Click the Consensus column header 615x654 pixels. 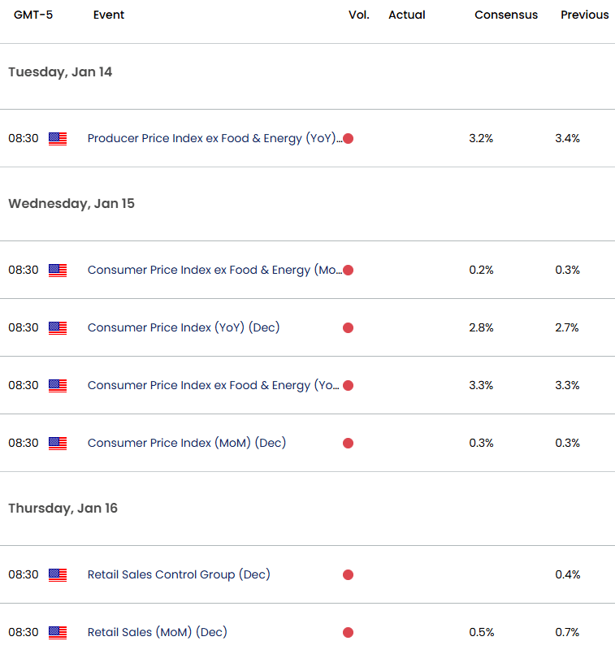coord(506,15)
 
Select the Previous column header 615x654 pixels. coord(584,15)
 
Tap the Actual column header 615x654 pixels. coord(406,15)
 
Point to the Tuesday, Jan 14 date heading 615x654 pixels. coord(60,72)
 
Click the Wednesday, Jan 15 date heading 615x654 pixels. coord(71,204)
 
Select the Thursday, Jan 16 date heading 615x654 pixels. coord(63,509)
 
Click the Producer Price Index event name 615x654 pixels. coord(213,138)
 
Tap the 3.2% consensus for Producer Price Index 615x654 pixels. coord(481,138)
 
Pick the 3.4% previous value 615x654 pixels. coord(567,138)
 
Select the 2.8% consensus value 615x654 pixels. coord(481,327)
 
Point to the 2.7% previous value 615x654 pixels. coord(567,327)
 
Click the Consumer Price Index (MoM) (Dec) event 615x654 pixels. coord(187,443)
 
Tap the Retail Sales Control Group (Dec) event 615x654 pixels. coord(179,574)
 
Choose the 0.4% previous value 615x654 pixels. coord(567,574)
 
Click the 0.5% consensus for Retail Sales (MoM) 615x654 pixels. coord(481,632)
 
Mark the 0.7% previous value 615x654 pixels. coord(567,632)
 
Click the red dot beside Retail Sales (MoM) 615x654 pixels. coord(348,632)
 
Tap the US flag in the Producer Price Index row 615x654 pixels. coord(58,138)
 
